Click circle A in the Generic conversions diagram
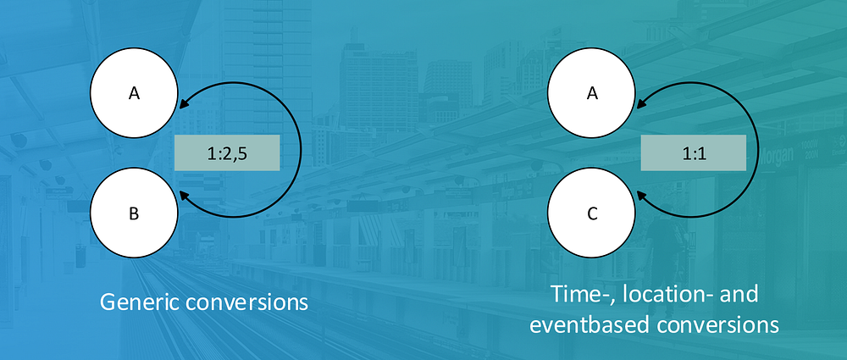coord(134,93)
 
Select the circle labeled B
coord(134,213)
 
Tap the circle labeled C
coord(592,213)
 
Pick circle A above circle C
coord(592,93)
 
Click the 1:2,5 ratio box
coord(227,153)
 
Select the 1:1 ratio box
coord(693,153)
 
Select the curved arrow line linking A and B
coord(301,150)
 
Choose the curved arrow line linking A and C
coord(759,150)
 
